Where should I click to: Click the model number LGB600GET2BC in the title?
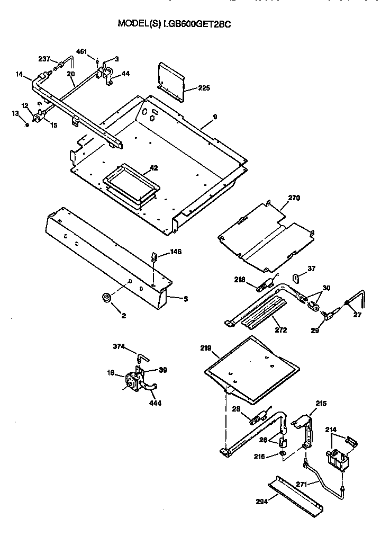pyautogui.click(x=198, y=24)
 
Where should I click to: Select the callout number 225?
pyautogui.click(x=204, y=88)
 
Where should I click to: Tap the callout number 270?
pyautogui.click(x=294, y=198)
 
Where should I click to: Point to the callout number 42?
pyautogui.click(x=153, y=168)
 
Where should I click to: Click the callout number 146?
pyautogui.click(x=176, y=252)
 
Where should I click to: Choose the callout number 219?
pyautogui.click(x=206, y=348)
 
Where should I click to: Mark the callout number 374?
pyautogui.click(x=119, y=346)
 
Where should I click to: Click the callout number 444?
pyautogui.click(x=155, y=403)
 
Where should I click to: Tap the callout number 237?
pyautogui.click(x=45, y=59)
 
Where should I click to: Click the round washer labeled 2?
pyautogui.click(x=106, y=298)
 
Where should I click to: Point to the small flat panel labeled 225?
pyautogui.click(x=170, y=81)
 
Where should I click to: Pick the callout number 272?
pyautogui.click(x=281, y=330)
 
